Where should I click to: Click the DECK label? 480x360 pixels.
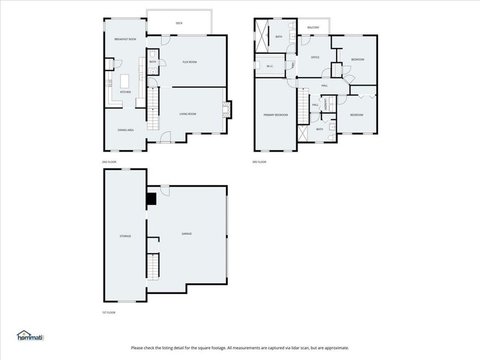(x=179, y=23)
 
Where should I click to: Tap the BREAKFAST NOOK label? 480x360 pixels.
(x=125, y=39)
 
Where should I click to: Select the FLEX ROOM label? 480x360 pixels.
(x=190, y=62)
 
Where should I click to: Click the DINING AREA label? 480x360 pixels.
(x=125, y=130)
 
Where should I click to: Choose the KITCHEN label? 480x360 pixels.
(x=125, y=92)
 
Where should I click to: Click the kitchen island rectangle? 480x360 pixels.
(x=125, y=81)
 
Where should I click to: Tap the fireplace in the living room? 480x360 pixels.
(x=227, y=110)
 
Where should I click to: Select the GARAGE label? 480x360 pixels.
(x=187, y=234)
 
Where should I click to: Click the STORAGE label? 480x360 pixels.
(x=125, y=236)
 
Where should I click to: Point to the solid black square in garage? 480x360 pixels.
(x=152, y=198)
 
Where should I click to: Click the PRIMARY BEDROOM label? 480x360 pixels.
(x=275, y=115)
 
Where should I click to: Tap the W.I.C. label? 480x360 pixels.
(x=270, y=66)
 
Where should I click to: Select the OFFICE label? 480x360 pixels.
(x=315, y=57)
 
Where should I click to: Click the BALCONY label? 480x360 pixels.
(x=313, y=28)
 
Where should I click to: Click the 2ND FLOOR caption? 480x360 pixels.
(x=109, y=162)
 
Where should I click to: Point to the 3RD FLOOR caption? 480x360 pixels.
(x=259, y=162)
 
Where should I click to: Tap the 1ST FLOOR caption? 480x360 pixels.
(x=109, y=313)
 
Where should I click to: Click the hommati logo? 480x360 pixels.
(x=29, y=335)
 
